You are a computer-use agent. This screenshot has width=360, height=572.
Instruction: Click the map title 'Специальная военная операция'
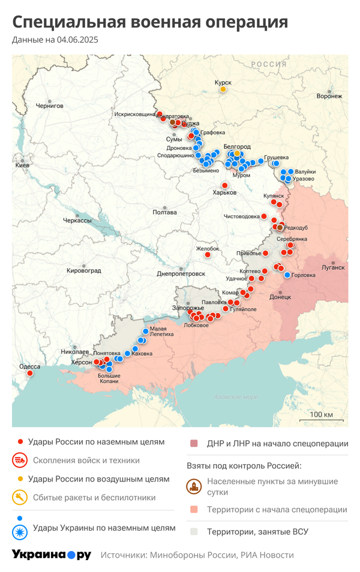point(150,23)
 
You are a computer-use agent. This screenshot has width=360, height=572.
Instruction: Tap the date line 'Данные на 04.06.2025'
point(55,40)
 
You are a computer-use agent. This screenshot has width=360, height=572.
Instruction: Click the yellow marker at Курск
point(223,89)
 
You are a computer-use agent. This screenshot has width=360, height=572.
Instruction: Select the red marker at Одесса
point(30,373)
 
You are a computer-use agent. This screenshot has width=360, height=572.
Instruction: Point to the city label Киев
point(22,165)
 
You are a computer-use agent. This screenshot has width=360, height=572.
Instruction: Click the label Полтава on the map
point(164,212)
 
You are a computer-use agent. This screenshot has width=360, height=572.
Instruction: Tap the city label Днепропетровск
point(181,273)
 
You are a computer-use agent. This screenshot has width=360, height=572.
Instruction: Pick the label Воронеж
point(329,96)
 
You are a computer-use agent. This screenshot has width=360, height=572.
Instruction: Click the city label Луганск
point(333,267)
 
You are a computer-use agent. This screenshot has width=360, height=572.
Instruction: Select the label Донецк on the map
point(280,297)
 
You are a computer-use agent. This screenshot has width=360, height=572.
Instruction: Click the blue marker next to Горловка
point(287,275)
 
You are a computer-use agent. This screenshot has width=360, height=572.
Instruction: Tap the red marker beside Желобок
point(208,255)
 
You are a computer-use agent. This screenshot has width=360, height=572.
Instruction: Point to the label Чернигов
point(49,106)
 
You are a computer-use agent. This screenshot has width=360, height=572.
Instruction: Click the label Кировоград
point(83,270)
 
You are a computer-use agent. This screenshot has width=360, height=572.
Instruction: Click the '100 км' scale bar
point(321,415)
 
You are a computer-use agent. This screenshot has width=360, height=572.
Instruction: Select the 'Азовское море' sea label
point(236,397)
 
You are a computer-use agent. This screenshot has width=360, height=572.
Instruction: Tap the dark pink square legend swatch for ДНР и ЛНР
point(194,444)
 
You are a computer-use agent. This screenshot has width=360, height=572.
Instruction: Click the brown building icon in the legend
point(194,486)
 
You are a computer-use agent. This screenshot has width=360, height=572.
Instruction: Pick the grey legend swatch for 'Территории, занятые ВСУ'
point(194,531)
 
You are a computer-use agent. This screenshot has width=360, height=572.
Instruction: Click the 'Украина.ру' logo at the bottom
point(51,555)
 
